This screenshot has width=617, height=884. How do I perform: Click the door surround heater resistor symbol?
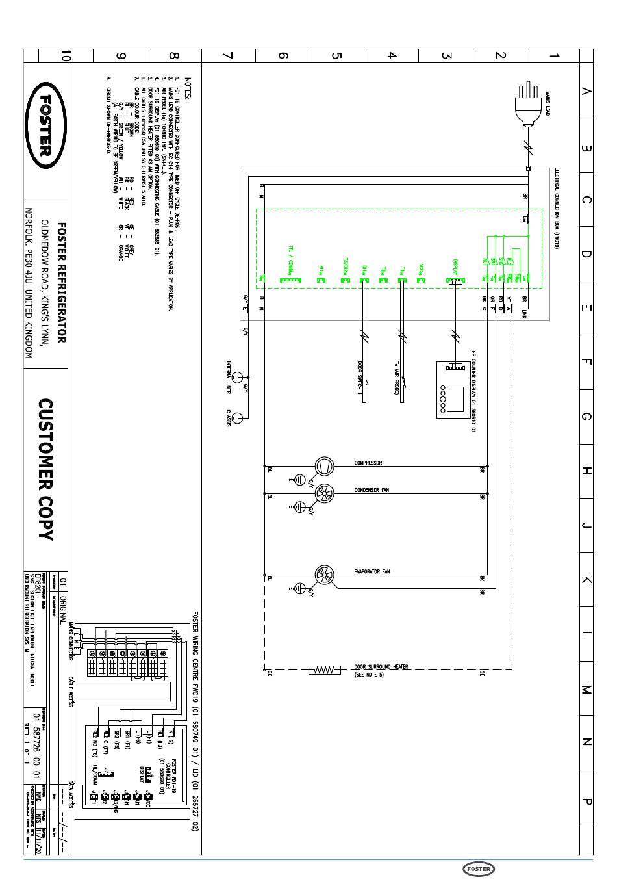(324, 669)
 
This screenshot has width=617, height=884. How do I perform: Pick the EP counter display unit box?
(455, 390)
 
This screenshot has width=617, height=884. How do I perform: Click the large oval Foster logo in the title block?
(45, 125)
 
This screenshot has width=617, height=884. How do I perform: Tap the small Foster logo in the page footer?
(479, 869)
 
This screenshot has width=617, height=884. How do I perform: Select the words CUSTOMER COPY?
(45, 469)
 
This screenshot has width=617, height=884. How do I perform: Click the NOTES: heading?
(188, 89)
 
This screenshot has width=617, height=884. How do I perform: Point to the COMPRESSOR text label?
(368, 463)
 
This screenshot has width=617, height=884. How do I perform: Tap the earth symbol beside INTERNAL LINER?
(238, 377)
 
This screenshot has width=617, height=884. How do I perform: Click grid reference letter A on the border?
(586, 91)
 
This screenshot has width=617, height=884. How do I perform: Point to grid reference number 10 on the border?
(64, 56)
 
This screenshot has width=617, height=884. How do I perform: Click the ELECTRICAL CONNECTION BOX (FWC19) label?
(557, 208)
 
